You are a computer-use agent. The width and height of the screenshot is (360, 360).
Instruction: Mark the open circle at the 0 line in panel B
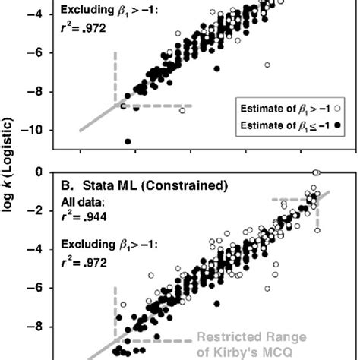tap(317, 172)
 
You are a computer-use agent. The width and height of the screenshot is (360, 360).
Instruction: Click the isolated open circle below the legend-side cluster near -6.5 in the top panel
tap(267, 65)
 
